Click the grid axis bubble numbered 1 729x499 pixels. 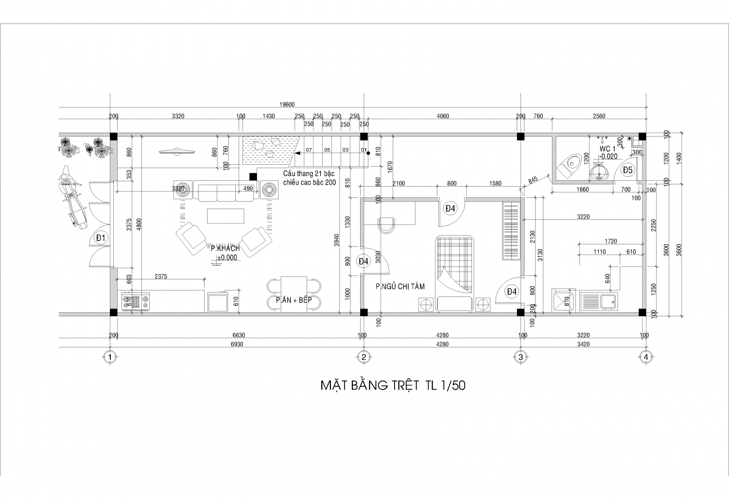coord(110,357)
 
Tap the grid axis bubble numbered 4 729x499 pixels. coord(646,357)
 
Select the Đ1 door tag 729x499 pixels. coord(101,238)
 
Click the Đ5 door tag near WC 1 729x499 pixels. coord(628,170)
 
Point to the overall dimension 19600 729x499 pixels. coord(287,104)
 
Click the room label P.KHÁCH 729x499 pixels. coord(225,248)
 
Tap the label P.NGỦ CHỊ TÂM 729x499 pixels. coord(400,287)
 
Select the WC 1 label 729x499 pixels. coord(607,149)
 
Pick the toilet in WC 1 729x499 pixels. coord(569,166)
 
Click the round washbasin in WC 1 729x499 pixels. coord(599,172)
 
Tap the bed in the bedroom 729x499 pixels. coord(454,274)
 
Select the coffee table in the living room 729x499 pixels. coord(226,216)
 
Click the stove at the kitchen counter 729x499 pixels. coord(136,301)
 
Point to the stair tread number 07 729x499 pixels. coord(309,150)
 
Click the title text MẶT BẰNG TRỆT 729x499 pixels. coord(370,385)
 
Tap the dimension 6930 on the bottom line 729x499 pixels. coord(237,344)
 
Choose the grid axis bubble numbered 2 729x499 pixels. coord(364,357)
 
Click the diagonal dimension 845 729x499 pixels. coord(533,180)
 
